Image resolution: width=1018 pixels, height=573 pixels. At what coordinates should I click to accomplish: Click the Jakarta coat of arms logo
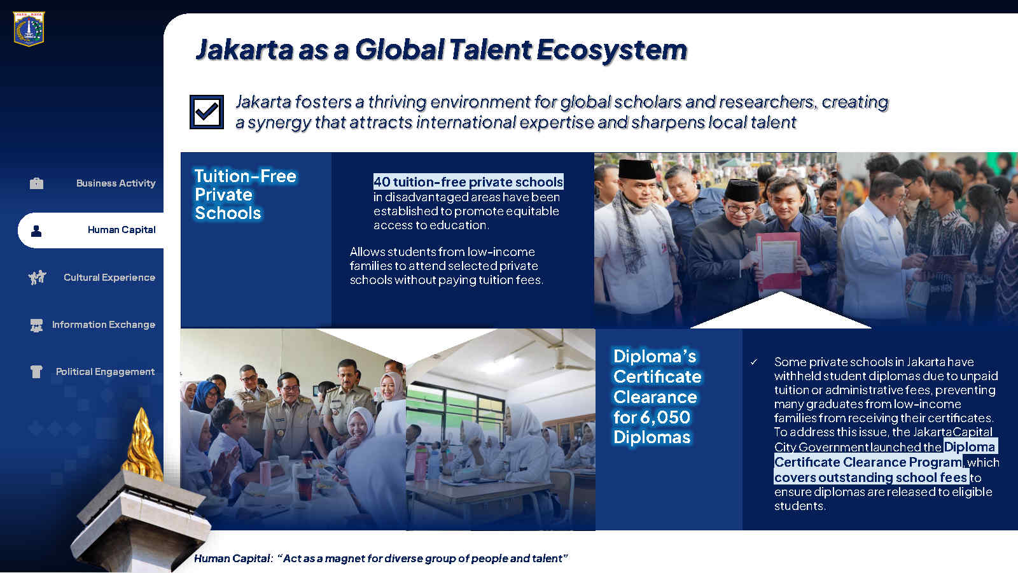29,29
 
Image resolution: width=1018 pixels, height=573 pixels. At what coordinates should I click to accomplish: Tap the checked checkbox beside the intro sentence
207,112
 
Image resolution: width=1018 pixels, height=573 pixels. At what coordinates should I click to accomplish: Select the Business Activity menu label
116,183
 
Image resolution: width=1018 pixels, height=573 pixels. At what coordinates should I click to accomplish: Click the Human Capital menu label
122,230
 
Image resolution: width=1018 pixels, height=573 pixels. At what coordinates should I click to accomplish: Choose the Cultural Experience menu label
109,278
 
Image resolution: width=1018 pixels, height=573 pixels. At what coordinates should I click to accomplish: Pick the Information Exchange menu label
104,324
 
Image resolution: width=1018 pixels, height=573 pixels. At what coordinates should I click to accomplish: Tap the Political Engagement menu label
106,372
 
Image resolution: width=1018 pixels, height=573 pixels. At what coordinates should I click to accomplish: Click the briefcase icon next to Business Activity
36,183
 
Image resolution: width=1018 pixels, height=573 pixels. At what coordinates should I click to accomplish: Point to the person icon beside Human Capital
36,231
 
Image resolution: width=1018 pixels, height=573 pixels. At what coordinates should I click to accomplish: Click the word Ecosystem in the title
611,50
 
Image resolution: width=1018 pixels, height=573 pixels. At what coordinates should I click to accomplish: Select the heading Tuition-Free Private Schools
246,195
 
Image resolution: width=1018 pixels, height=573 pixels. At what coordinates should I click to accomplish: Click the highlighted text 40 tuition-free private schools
468,182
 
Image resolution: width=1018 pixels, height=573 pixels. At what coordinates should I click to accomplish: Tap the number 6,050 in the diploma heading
667,417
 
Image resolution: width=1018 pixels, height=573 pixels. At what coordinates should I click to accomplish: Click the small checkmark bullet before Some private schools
754,362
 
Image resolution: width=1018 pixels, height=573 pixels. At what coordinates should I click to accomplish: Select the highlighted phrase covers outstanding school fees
871,478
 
